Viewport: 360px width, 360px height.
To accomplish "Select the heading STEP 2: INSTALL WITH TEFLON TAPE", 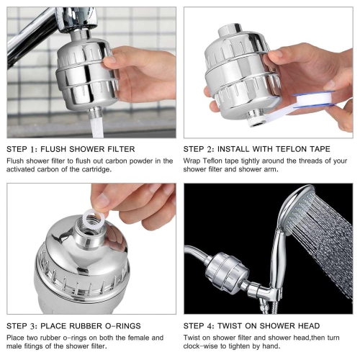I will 257,149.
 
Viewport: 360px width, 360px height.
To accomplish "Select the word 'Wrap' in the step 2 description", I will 192,161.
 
